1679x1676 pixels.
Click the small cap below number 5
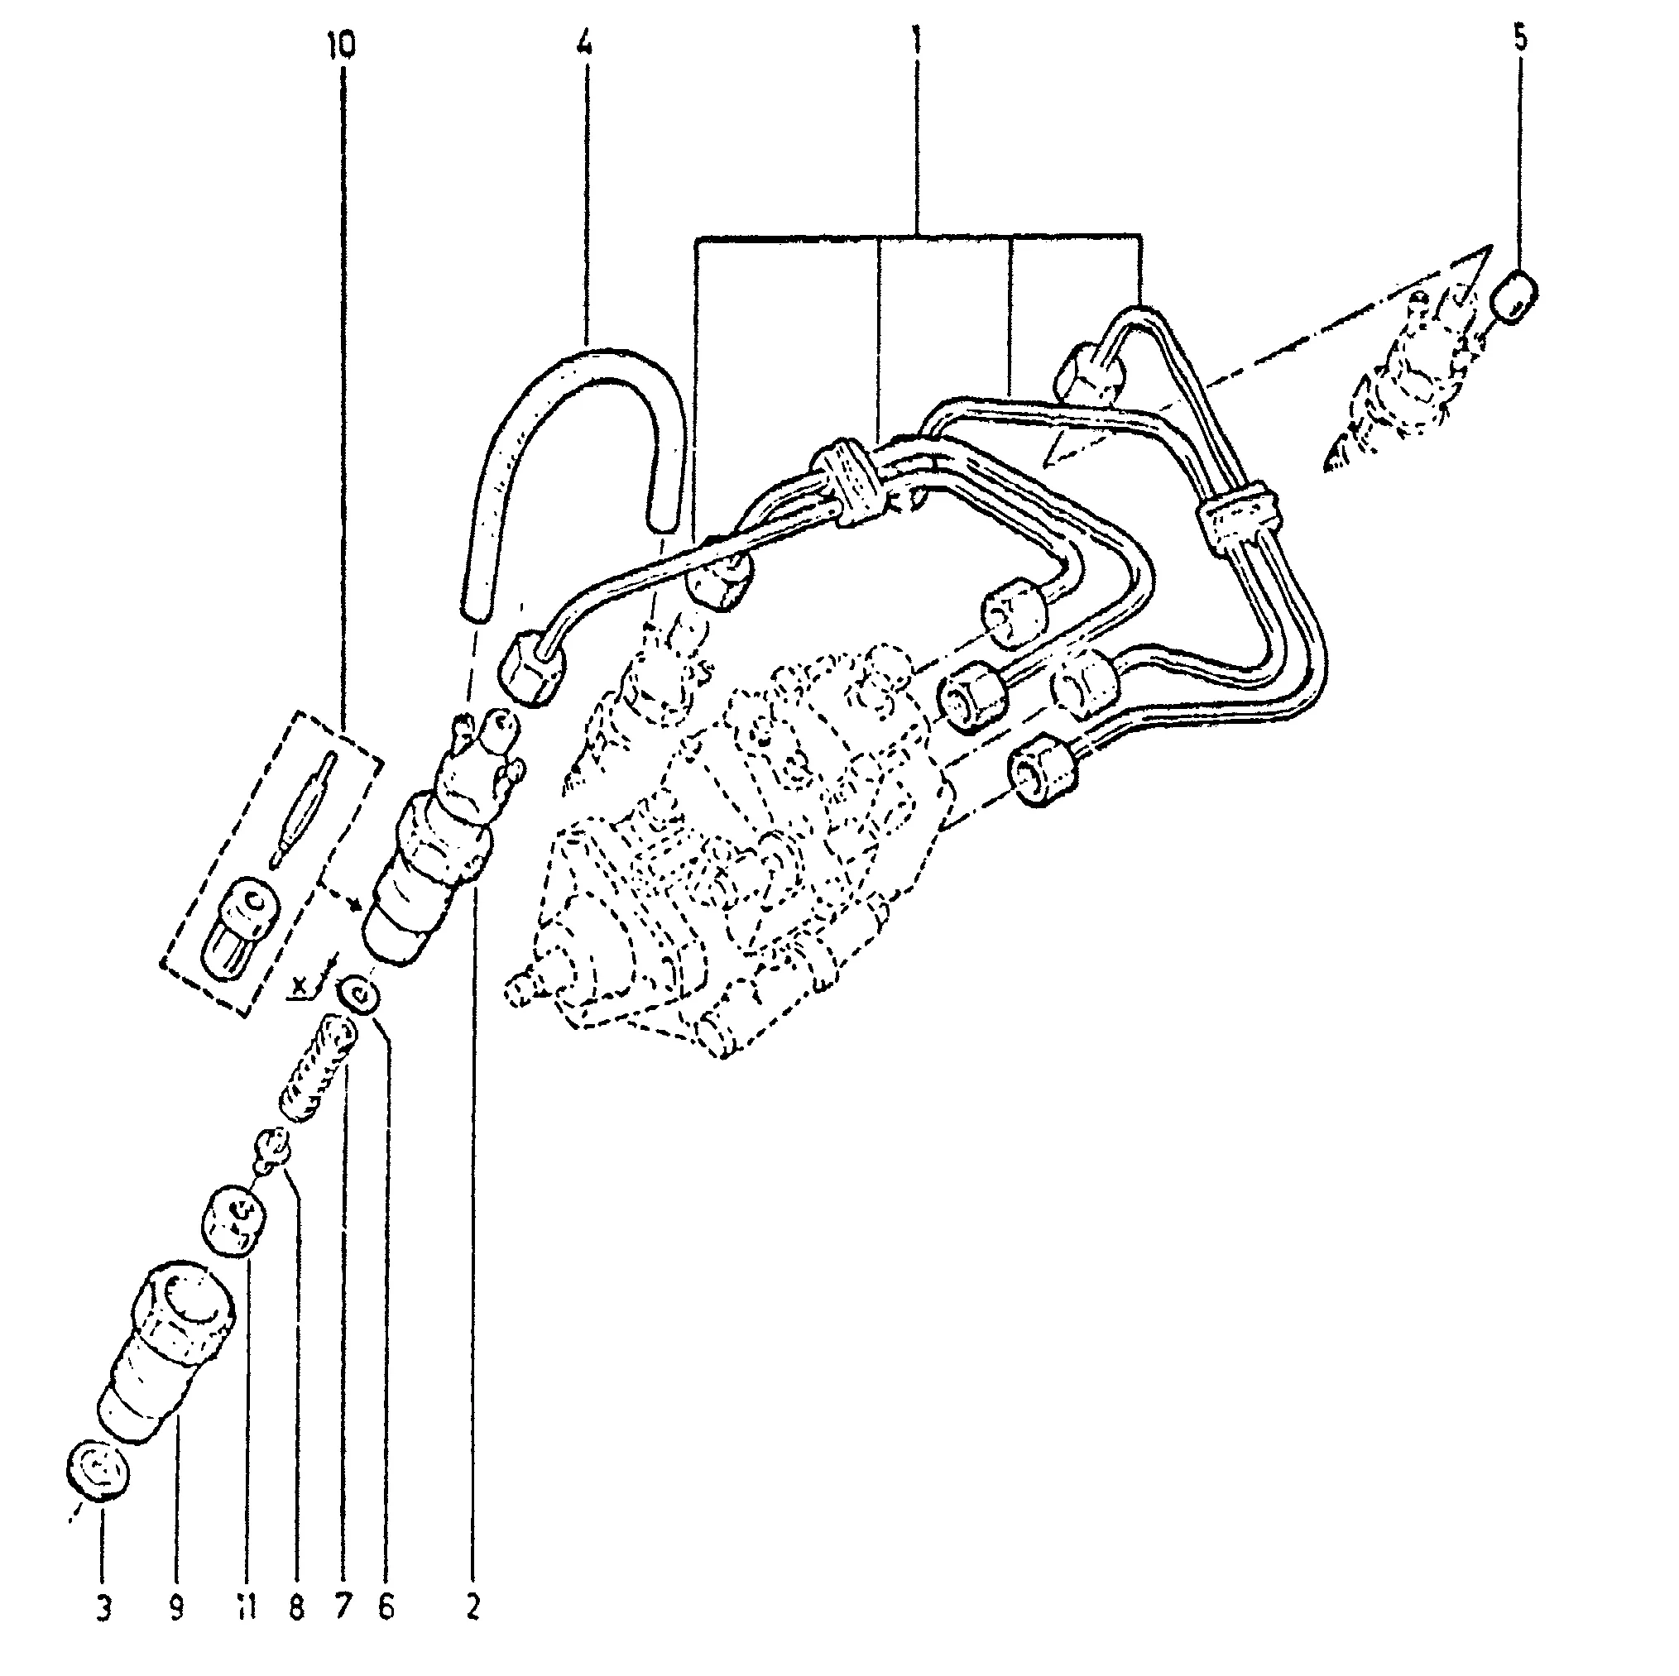1513,296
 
